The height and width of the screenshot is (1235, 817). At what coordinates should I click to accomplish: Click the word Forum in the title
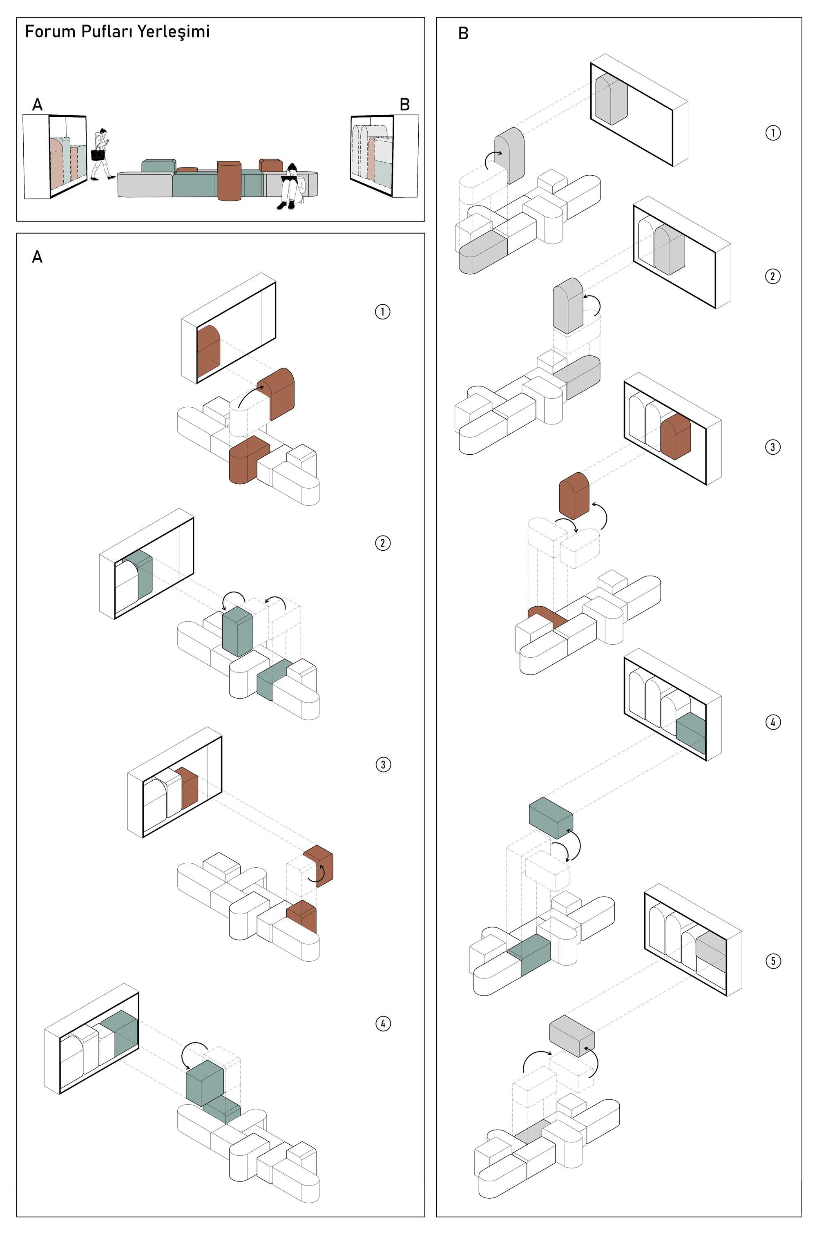tap(43, 32)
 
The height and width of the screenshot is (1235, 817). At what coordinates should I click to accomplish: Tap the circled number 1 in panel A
tap(382, 312)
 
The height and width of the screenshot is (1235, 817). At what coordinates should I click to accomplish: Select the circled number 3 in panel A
tap(383, 764)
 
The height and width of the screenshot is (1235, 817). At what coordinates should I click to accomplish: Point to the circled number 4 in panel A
tap(383, 1023)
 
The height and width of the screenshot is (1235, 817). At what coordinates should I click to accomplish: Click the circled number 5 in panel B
tap(773, 960)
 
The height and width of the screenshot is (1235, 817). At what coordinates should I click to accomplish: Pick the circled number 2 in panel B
tap(773, 276)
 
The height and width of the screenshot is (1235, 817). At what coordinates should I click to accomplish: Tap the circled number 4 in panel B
tap(773, 722)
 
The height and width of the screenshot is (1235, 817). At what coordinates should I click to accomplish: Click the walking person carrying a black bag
tap(101, 154)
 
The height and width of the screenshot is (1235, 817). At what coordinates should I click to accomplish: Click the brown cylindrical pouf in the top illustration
tap(229, 180)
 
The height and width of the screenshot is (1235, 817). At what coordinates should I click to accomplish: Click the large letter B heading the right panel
tap(463, 34)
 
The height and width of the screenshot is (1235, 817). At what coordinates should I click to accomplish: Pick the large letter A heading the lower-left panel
tap(37, 257)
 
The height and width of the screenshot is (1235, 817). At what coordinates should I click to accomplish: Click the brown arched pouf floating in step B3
tap(574, 496)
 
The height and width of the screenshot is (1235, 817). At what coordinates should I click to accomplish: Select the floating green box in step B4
tap(551, 817)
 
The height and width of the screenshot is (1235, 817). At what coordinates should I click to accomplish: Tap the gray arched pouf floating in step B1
tap(509, 155)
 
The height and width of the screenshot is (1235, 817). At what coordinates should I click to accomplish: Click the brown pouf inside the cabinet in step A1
tap(208, 351)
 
